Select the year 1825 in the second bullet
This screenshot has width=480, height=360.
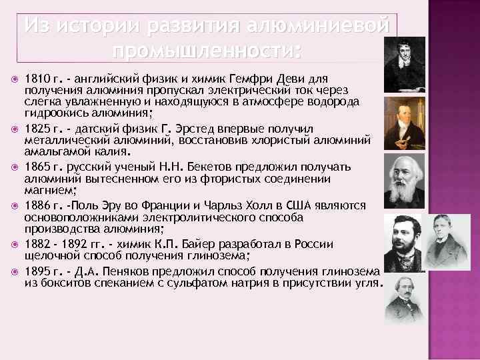36,127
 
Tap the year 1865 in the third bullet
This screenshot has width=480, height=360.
36,164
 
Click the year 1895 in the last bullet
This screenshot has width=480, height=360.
36,272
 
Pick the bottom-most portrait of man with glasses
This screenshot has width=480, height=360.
405,298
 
